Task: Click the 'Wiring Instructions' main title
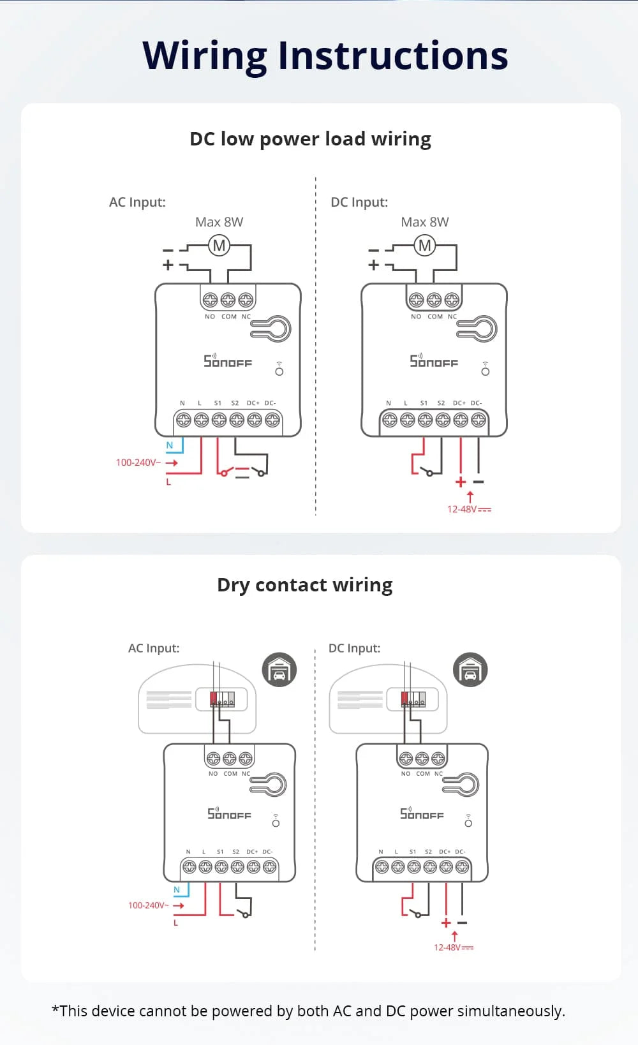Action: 325,56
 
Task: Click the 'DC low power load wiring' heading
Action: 310,139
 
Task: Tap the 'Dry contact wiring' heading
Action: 304,585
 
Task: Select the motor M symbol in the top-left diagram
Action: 219,246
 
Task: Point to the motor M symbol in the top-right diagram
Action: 425,246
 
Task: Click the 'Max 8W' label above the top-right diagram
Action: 424,222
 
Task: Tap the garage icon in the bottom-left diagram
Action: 279,670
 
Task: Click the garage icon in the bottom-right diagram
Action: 470,670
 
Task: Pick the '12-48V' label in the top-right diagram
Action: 468,509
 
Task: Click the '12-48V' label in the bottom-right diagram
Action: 453,947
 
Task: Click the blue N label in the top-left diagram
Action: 170,445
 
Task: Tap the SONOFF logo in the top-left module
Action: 228,361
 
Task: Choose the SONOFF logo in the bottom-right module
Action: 422,813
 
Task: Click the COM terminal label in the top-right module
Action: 435,316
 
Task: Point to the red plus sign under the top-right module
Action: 461,482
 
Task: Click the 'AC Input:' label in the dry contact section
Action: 154,648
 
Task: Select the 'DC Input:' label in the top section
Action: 359,202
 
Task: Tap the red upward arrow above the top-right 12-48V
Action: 470,496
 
